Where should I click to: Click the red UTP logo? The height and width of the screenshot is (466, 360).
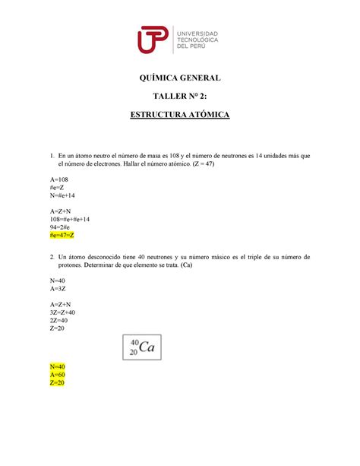153,39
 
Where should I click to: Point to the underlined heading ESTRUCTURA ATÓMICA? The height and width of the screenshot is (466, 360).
179,116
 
